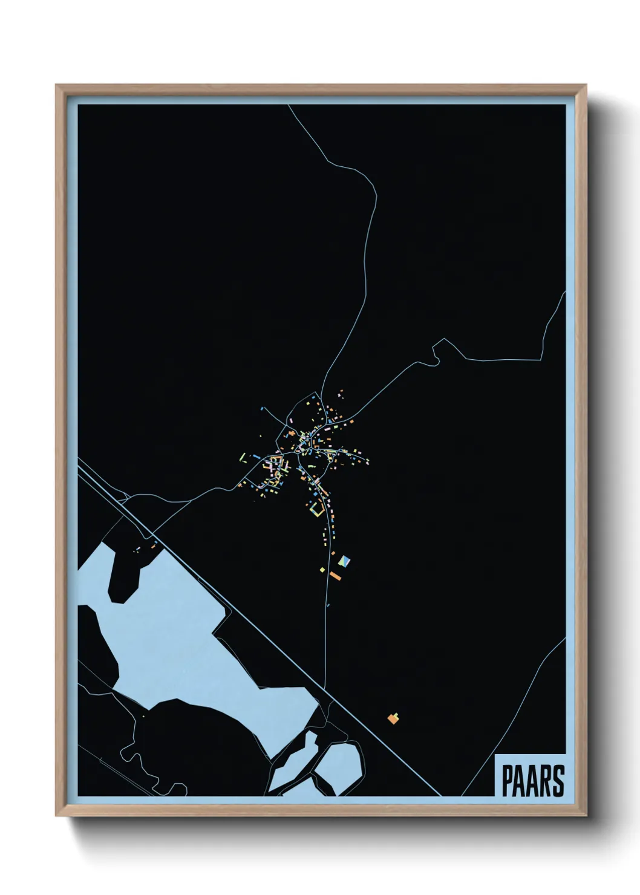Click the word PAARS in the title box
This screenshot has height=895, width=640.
[532, 781]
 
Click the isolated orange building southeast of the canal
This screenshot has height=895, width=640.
[394, 718]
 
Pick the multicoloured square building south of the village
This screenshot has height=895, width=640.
[344, 561]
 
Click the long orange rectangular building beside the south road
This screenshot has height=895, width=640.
[335, 575]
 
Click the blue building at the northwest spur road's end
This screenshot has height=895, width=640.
[263, 409]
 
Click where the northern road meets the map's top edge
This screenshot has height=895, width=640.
[289, 106]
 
